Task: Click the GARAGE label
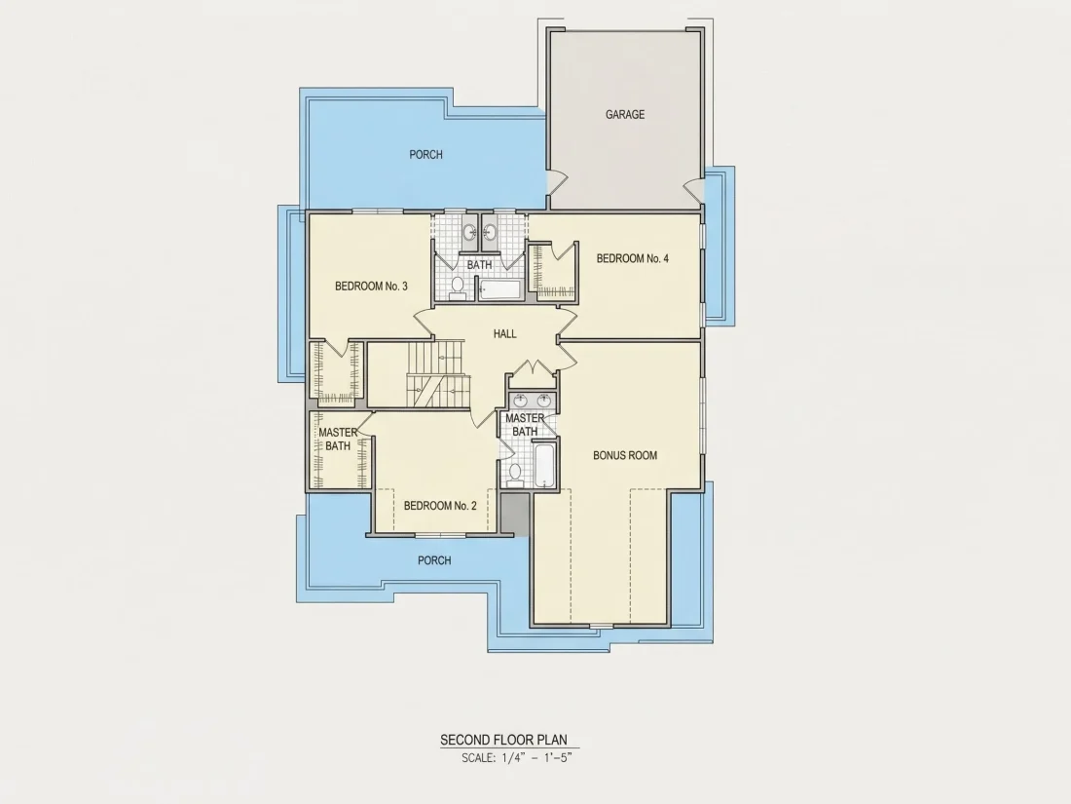[x=625, y=115]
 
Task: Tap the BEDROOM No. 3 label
[x=371, y=287]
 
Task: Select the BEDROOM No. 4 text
[x=633, y=258]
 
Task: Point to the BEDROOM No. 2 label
[x=440, y=506]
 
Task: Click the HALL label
[x=504, y=333]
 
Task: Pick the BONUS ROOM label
[x=625, y=455]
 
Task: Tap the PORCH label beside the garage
[x=425, y=155]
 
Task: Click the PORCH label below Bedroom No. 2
[x=434, y=560]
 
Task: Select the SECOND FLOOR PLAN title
[x=503, y=740]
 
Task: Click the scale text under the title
[x=516, y=757]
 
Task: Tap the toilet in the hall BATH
[x=458, y=287]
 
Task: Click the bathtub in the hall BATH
[x=499, y=289]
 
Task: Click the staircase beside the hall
[x=438, y=374]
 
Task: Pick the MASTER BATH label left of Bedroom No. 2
[x=338, y=439]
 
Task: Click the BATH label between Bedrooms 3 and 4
[x=479, y=264]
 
